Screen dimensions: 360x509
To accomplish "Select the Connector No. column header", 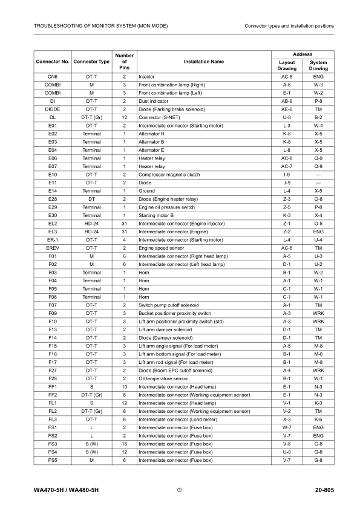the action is [x=52, y=62].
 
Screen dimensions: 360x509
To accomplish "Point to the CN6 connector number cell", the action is [x=52, y=77].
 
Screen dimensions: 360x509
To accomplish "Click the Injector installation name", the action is [x=147, y=77].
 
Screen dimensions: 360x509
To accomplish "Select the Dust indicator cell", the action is [x=155, y=101].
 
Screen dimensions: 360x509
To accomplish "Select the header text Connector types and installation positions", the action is [x=289, y=26].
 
